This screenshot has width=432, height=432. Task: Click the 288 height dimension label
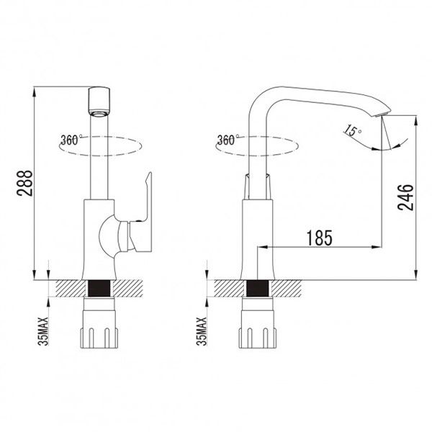[24, 183]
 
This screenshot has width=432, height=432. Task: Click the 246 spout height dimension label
[405, 197]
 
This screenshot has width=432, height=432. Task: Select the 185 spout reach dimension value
[319, 238]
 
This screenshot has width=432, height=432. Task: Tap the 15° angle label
[352, 130]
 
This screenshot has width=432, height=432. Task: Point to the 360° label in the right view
[228, 140]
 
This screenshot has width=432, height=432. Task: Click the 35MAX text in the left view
[43, 331]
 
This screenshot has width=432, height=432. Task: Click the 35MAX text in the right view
[202, 331]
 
